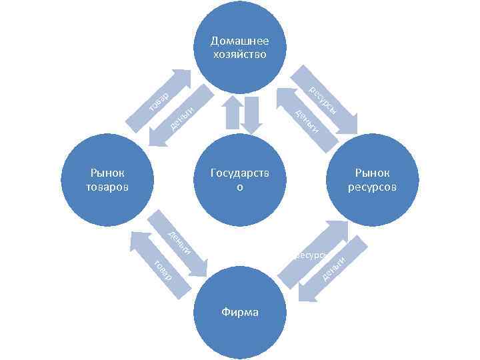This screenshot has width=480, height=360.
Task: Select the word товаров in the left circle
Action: [x=107, y=186]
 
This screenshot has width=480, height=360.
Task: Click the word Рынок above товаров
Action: [x=107, y=174]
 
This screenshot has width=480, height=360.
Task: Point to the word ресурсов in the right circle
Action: [x=372, y=186]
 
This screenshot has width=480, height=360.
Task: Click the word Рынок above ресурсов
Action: [x=372, y=174]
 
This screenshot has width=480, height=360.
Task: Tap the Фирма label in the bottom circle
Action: [x=240, y=312]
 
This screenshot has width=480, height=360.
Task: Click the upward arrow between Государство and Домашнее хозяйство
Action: [x=232, y=112]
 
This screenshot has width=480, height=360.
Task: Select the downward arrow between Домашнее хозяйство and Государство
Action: [x=252, y=113]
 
